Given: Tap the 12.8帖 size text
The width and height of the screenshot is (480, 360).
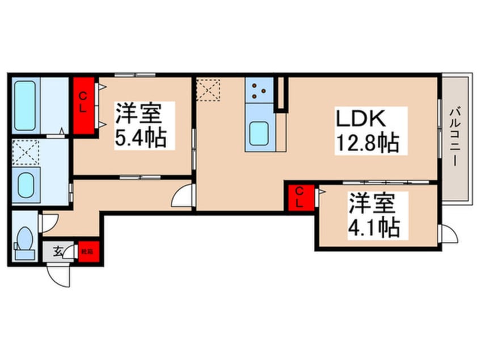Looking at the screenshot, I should pos(365,141).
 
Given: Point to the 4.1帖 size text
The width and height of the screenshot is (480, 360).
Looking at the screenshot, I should pos(375,227).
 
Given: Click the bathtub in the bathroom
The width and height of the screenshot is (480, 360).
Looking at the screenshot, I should pos(24,106).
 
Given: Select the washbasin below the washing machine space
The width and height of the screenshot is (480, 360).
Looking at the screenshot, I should pos(26,183).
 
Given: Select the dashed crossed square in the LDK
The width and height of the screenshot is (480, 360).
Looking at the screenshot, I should pos(208,90).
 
